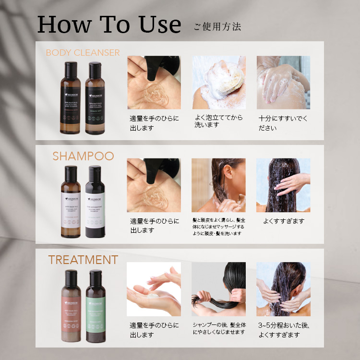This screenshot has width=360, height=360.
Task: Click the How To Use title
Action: [109, 24]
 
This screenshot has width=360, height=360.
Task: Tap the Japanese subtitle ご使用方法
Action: [217, 26]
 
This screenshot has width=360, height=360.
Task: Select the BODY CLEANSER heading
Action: [83, 53]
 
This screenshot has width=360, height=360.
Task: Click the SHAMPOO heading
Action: [83, 156]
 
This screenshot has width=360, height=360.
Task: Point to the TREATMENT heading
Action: [83, 260]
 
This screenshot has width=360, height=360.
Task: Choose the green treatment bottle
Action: [95, 305]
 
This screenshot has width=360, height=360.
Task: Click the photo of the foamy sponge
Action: [218, 82]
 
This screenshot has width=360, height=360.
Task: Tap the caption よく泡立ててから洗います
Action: [218, 121]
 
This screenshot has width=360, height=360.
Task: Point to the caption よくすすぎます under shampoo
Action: [284, 221]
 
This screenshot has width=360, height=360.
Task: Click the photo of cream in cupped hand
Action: [154, 289]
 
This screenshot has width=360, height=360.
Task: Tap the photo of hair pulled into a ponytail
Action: [218, 289]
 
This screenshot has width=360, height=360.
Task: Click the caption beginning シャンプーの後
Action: [218, 329]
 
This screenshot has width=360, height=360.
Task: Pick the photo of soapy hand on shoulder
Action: [283, 82]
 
